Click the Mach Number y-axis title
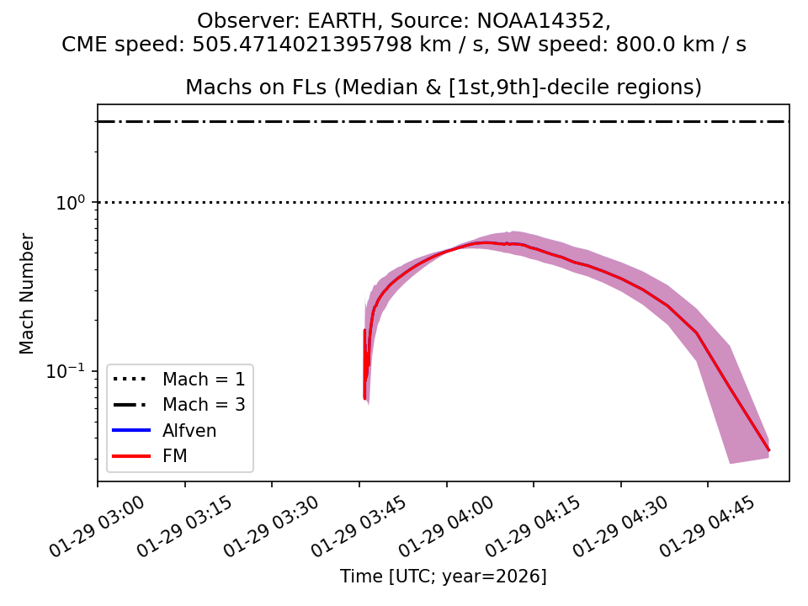point(28,293)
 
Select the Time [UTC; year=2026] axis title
point(444,577)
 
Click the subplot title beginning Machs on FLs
point(444,88)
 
